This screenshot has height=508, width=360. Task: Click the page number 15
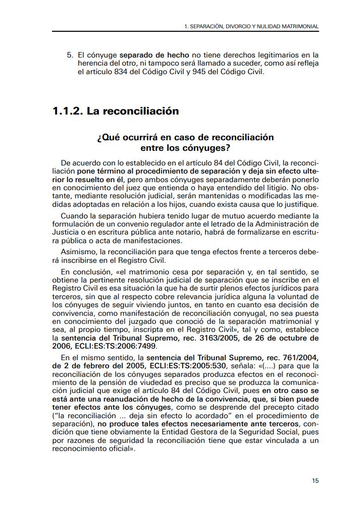[315, 480]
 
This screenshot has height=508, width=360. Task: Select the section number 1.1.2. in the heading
[67, 111]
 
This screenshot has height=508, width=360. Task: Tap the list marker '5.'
[71, 54]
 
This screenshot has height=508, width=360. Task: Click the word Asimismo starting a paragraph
[76, 251]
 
